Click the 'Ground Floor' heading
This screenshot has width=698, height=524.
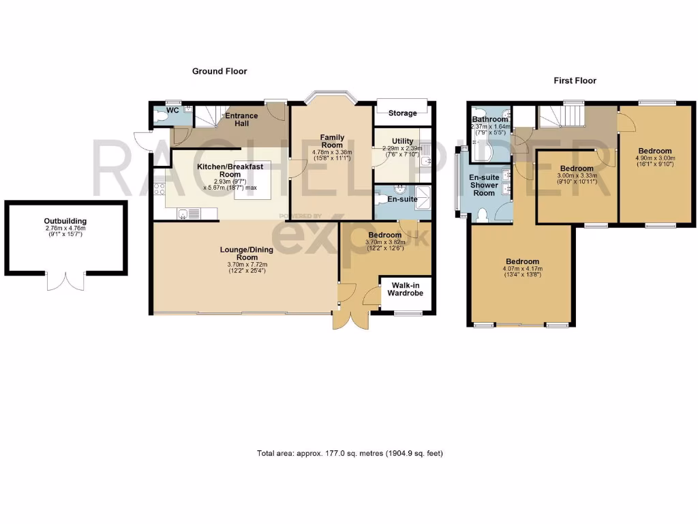(x=219, y=71)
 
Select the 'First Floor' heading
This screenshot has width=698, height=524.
(x=575, y=81)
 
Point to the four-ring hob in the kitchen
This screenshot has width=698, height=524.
(x=160, y=189)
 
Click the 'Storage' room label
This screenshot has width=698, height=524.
(x=402, y=113)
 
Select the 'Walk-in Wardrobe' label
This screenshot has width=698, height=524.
(x=405, y=289)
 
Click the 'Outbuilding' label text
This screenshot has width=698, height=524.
(x=65, y=222)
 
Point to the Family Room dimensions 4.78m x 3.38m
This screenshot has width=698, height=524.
(x=332, y=152)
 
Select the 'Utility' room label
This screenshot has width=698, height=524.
(x=402, y=141)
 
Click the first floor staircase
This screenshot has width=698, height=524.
(x=561, y=116)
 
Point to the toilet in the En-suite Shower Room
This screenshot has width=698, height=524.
(x=483, y=216)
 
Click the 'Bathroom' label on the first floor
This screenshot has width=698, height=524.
(x=490, y=119)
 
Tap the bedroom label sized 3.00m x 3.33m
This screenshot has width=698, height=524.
(x=576, y=169)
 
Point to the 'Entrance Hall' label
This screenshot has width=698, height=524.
(x=241, y=120)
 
